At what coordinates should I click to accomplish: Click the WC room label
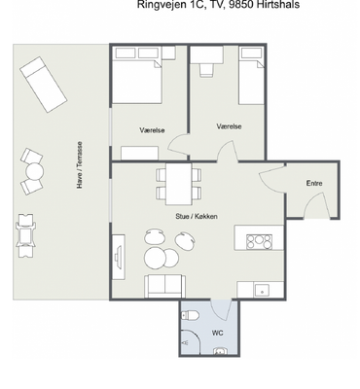[217, 333]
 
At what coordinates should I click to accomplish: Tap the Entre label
[314, 183]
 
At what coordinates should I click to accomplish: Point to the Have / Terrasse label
[80, 164]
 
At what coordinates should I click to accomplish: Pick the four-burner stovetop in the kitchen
[259, 242]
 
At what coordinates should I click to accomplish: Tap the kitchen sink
[262, 291]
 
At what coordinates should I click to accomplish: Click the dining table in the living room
[178, 184]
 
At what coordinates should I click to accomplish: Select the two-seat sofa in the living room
[165, 286]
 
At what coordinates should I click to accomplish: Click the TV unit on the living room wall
[119, 257]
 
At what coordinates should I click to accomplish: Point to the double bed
[136, 75]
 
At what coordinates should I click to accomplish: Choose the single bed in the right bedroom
[251, 76]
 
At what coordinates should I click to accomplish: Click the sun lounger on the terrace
[44, 85]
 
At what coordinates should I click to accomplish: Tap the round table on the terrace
[35, 171]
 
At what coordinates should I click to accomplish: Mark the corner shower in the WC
[191, 342]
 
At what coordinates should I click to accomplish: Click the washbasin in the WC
[221, 351]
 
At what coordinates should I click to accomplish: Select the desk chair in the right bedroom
[206, 70]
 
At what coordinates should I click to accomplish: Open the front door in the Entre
[314, 205]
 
